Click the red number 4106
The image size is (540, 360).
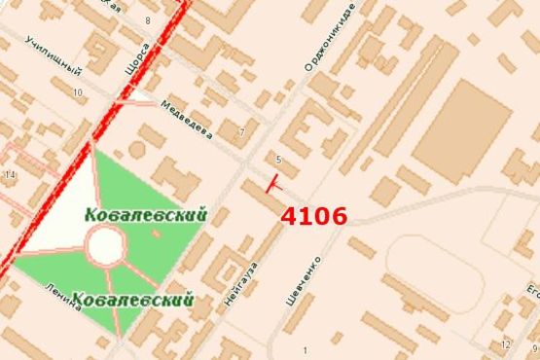(313, 215)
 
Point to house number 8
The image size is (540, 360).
(148, 19)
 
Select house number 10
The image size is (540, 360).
(77, 92)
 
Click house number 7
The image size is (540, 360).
(241, 131)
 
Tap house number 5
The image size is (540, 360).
(278, 159)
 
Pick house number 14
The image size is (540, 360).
(11, 174)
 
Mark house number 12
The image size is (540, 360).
(504, 345)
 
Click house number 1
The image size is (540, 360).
(305, 350)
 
